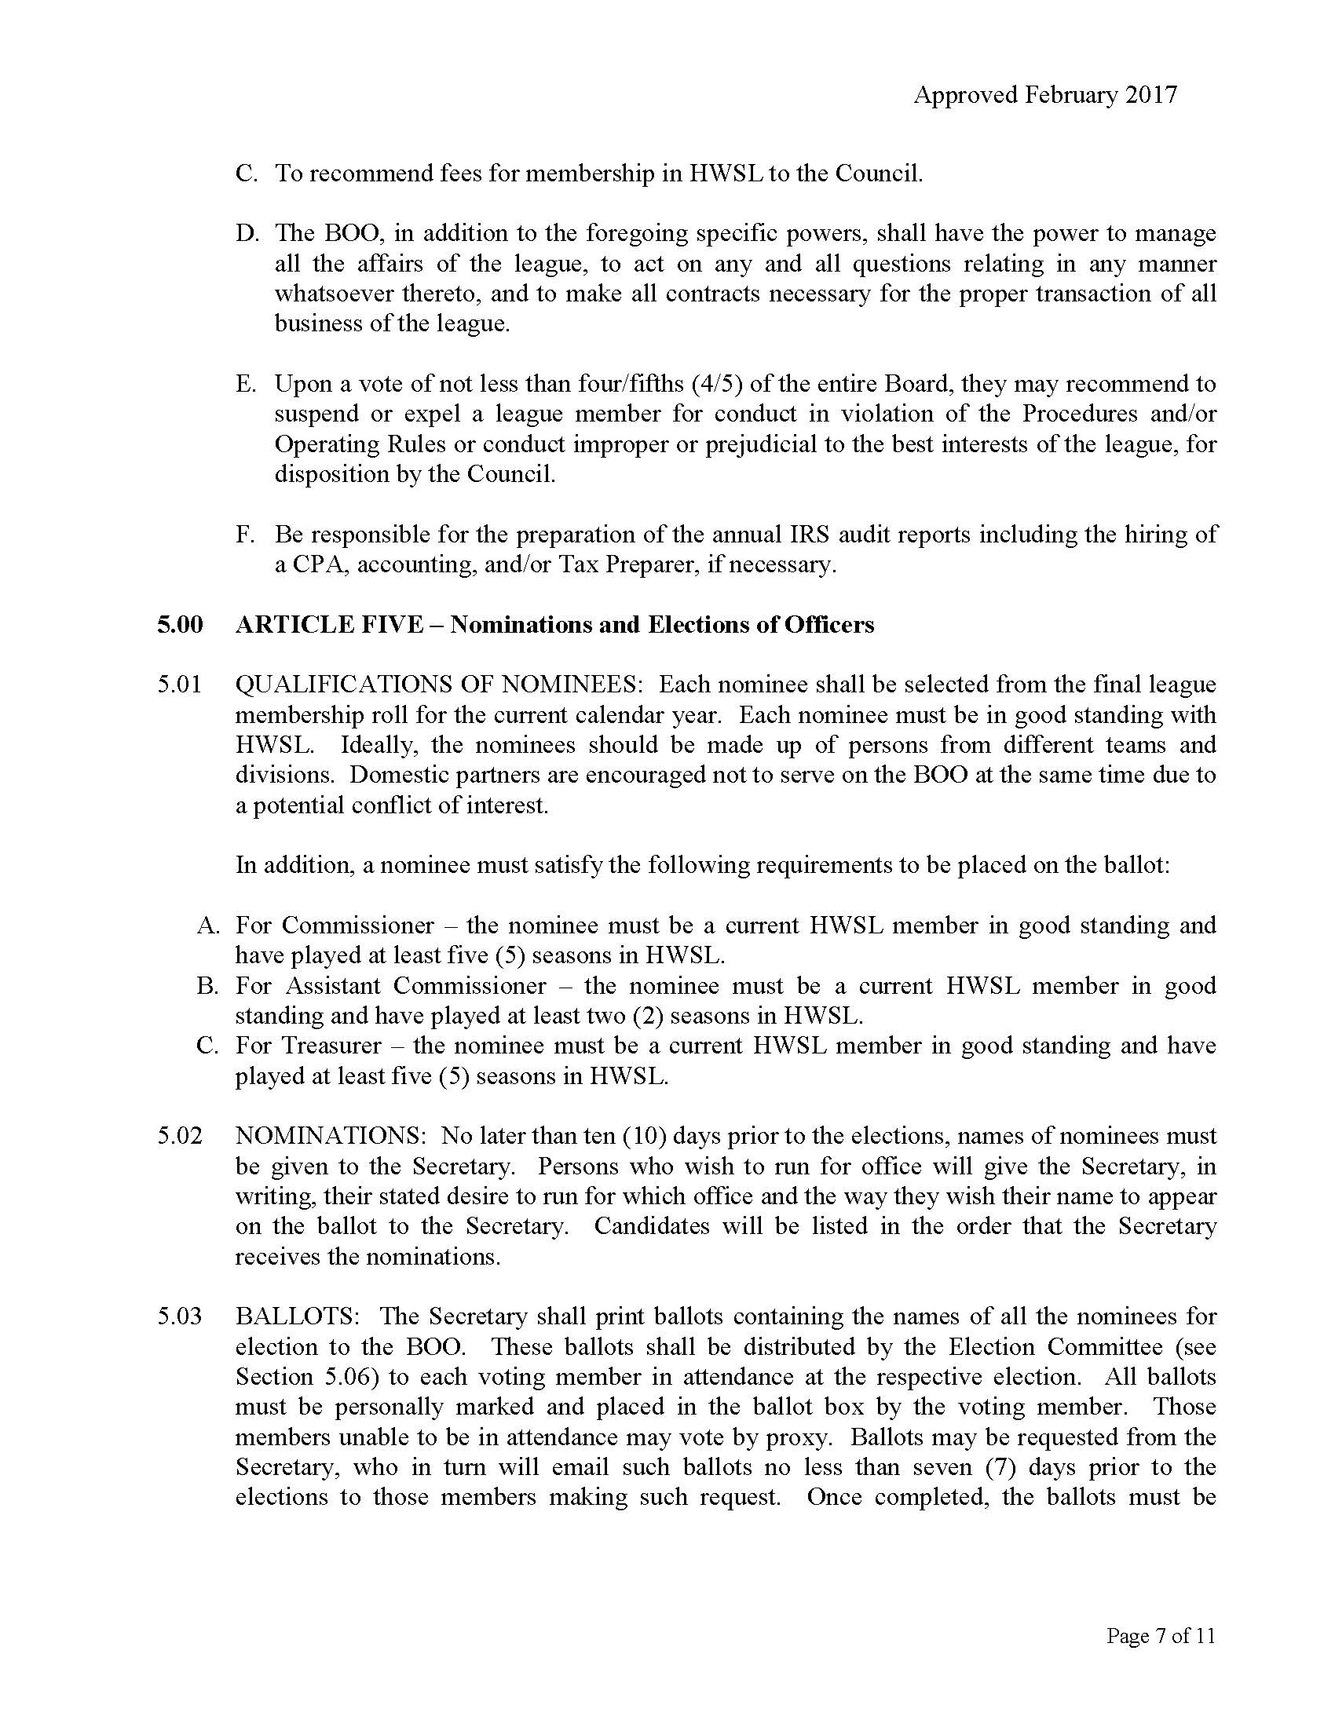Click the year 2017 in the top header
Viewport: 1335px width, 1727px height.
pyautogui.click(x=1151, y=95)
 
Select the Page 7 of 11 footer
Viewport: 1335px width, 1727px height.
pyautogui.click(x=1160, y=1636)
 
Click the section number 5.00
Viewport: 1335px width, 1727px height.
pyautogui.click(x=180, y=625)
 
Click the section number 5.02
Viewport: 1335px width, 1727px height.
pyautogui.click(x=180, y=1137)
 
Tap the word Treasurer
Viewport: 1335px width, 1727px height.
pyautogui.click(x=331, y=1046)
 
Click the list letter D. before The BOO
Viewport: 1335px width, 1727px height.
pyautogui.click(x=247, y=234)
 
